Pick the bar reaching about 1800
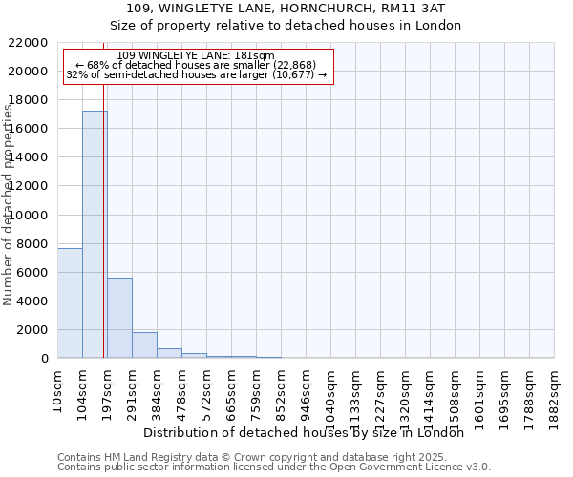pyautogui.click(x=144, y=344)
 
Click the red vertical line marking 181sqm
pyautogui.click(x=103, y=238)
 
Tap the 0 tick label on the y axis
pyautogui.click(x=45, y=359)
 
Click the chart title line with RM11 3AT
pyautogui.click(x=286, y=9)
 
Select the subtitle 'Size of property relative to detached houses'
pyautogui.click(x=286, y=26)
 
